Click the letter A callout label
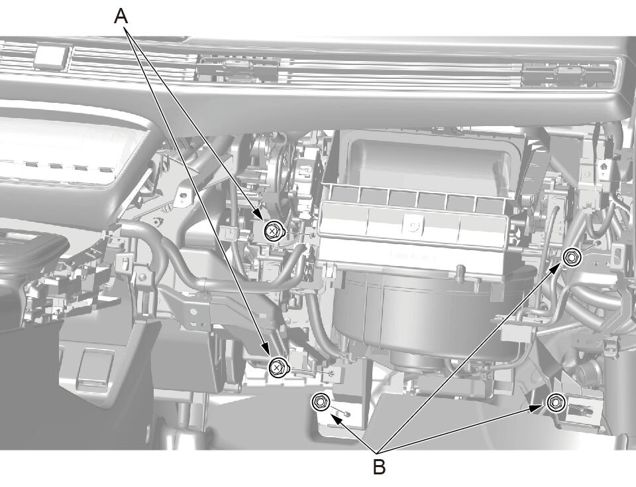pos(121,17)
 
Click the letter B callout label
pos(379,467)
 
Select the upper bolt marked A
pos(272,232)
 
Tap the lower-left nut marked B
pos(319,402)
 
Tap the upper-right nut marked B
pos(572,257)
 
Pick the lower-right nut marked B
pos(555,403)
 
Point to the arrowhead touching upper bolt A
pos(258,215)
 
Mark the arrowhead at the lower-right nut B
pos(536,408)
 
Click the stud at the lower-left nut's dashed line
pos(348,414)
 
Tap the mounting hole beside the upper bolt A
pos(311,235)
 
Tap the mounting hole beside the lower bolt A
pos(333,372)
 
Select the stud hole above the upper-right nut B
pos(599,243)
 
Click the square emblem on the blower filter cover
pos(413,225)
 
